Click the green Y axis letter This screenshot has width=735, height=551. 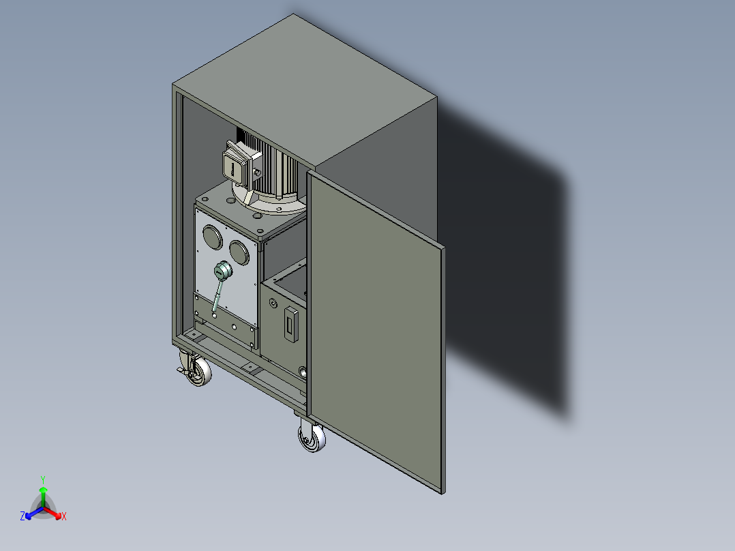click(43, 479)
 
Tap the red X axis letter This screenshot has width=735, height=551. click(64, 517)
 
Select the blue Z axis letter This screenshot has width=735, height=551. click(22, 517)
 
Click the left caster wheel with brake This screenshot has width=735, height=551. click(199, 372)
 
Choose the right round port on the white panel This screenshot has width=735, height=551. click(239, 252)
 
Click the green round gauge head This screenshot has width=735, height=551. click(222, 272)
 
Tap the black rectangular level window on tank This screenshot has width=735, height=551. click(291, 325)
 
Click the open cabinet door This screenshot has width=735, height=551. click(375, 327)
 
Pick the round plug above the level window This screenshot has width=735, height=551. click(273, 303)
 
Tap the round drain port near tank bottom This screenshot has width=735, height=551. click(303, 372)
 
